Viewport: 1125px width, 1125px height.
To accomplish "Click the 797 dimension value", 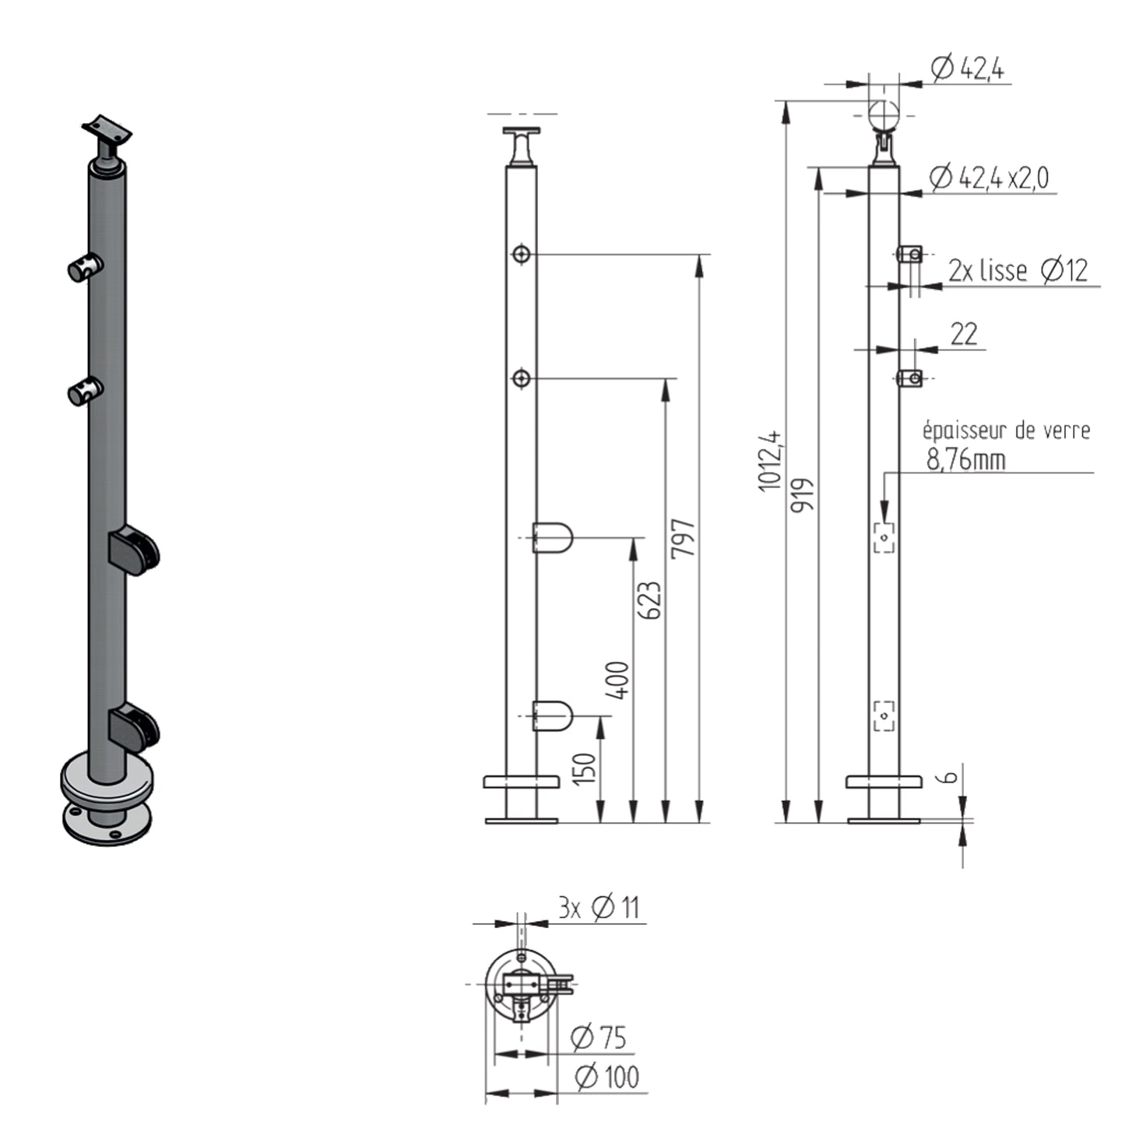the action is (x=683, y=539).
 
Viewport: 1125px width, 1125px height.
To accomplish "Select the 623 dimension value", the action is (x=649, y=601).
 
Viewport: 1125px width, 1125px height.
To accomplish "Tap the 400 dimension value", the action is (x=617, y=680).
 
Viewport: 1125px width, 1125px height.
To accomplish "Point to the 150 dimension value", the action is (x=585, y=769).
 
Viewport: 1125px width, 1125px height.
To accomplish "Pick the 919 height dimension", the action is (x=802, y=495).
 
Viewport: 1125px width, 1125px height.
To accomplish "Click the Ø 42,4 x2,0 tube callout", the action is (x=989, y=178).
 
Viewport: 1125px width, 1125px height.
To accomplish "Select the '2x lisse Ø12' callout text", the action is (x=1018, y=270).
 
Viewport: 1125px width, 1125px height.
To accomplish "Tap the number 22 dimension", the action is (x=964, y=335).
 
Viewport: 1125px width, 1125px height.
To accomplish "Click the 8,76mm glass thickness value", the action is (x=966, y=460).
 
